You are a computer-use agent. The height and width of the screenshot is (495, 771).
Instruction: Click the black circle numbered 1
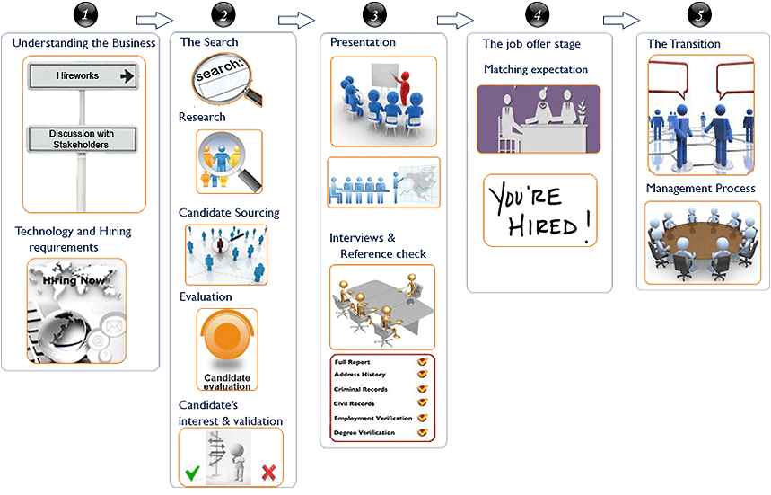pyautogui.click(x=84, y=15)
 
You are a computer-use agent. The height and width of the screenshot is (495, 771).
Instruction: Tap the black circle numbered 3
pyautogui.click(x=374, y=15)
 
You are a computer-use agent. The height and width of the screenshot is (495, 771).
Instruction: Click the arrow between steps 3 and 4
pyautogui.click(x=455, y=19)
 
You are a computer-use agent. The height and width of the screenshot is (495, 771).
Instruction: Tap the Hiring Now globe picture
pyautogui.click(x=76, y=310)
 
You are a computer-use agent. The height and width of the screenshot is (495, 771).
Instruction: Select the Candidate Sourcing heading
pyautogui.click(x=229, y=213)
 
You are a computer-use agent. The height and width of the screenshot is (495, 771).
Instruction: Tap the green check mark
pyautogui.click(x=191, y=472)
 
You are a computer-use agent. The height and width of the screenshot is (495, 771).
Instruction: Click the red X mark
pyautogui.click(x=267, y=472)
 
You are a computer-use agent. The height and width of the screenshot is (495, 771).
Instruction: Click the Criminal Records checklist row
pyautogui.click(x=377, y=390)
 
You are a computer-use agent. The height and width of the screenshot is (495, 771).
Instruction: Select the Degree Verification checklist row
pyautogui.click(x=377, y=433)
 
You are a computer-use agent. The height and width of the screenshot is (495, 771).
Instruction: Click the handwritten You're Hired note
pyautogui.click(x=539, y=211)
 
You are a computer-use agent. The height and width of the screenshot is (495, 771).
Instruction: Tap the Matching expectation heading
pyautogui.click(x=536, y=69)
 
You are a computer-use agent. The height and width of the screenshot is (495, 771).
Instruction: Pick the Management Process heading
pyautogui.click(x=700, y=189)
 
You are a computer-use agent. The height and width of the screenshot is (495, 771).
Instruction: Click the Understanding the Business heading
pyautogui.click(x=83, y=43)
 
